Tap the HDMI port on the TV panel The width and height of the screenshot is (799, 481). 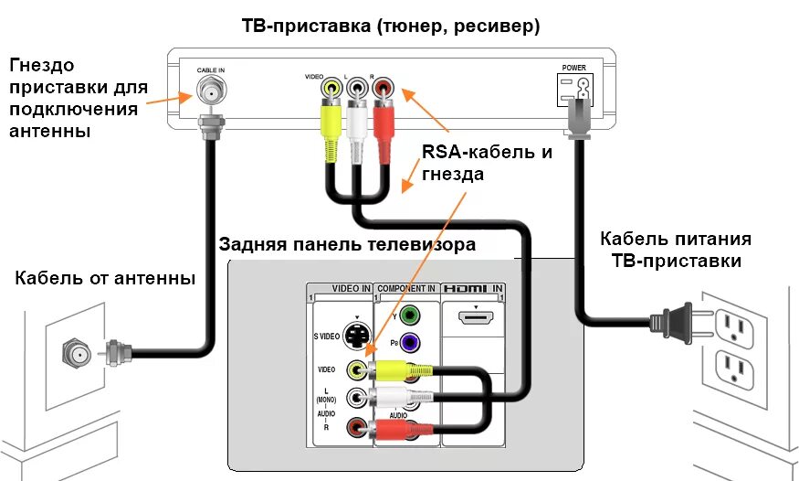[x=474, y=319]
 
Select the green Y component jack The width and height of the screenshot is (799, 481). [x=411, y=316]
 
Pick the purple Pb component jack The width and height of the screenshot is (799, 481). [x=411, y=344]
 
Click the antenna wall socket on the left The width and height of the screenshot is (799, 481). [x=73, y=350]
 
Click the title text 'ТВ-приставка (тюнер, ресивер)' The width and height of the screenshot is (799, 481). [x=390, y=27]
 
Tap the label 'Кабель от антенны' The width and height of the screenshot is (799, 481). [x=105, y=278]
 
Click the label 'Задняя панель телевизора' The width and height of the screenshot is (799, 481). [x=347, y=244]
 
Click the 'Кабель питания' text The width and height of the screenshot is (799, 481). [x=675, y=239]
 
